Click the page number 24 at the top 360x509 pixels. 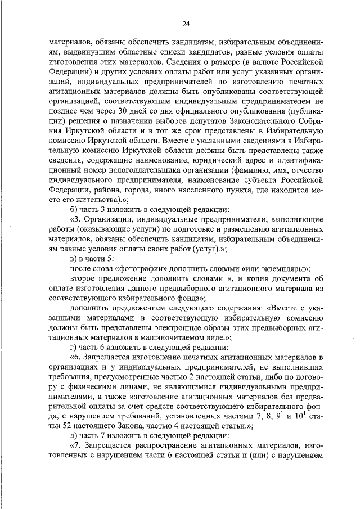[x=186, y=23]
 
